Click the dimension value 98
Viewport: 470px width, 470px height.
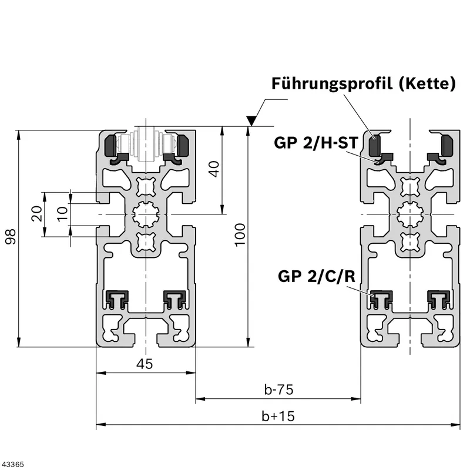pos(11,237)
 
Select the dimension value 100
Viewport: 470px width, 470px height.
pos(240,235)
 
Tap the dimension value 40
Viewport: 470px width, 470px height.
pos(214,169)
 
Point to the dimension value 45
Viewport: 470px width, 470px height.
pos(145,364)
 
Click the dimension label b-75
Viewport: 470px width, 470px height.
pos(278,390)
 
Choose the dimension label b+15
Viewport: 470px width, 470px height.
pos(278,416)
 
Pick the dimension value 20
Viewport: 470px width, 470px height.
pos(37,213)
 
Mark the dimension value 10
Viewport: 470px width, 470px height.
pos(63,214)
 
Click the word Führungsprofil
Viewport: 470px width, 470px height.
pos(332,83)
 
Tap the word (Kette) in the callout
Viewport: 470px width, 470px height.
pos(427,83)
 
